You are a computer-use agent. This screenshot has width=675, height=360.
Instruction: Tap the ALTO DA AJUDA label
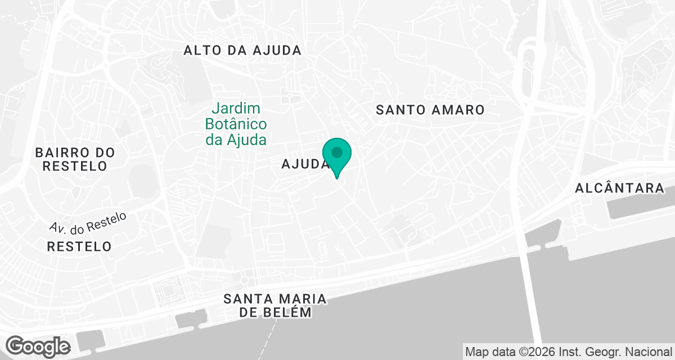pyautogui.click(x=242, y=50)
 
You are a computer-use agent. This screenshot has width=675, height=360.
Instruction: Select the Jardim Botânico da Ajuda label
pyautogui.click(x=236, y=124)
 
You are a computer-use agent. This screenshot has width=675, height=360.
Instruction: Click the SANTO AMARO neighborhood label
pyautogui.click(x=430, y=110)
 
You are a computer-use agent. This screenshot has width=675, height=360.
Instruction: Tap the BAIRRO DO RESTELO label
pyautogui.click(x=75, y=159)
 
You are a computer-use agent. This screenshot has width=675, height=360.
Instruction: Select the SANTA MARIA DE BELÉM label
pyautogui.click(x=275, y=305)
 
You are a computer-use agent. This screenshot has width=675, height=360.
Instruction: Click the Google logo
pyautogui.click(x=38, y=346)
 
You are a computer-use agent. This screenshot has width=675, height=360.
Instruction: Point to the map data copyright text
pyautogui.click(x=568, y=352)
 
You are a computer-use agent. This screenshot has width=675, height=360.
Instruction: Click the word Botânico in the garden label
pyautogui.click(x=236, y=124)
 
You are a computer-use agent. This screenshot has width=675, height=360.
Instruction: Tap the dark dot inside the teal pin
pyautogui.click(x=337, y=152)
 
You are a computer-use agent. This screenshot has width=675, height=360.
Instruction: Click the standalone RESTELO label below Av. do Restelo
pyautogui.click(x=79, y=246)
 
